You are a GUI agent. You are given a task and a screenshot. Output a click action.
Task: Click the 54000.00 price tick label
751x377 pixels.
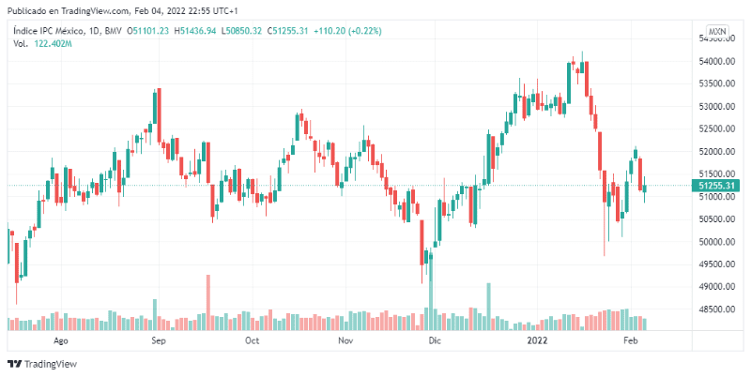click(x=715, y=62)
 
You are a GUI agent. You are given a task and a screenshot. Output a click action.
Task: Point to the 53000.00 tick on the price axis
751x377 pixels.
click(x=715, y=107)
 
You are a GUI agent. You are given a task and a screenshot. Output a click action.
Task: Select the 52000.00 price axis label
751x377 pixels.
click(x=715, y=152)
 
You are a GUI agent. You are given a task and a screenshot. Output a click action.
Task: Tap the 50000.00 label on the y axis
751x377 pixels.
click(x=715, y=242)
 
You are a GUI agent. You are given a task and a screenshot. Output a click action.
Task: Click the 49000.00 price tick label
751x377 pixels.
click(x=715, y=287)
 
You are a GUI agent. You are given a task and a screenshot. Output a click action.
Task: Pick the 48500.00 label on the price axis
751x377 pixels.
click(x=715, y=309)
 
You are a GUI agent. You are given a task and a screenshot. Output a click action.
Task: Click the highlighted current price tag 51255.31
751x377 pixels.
click(x=716, y=186)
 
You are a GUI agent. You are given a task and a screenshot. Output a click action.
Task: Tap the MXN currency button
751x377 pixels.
click(x=718, y=31)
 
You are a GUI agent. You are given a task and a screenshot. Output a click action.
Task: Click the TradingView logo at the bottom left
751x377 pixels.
click(x=42, y=364)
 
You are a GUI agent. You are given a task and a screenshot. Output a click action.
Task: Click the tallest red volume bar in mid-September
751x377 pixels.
click(x=207, y=302)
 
